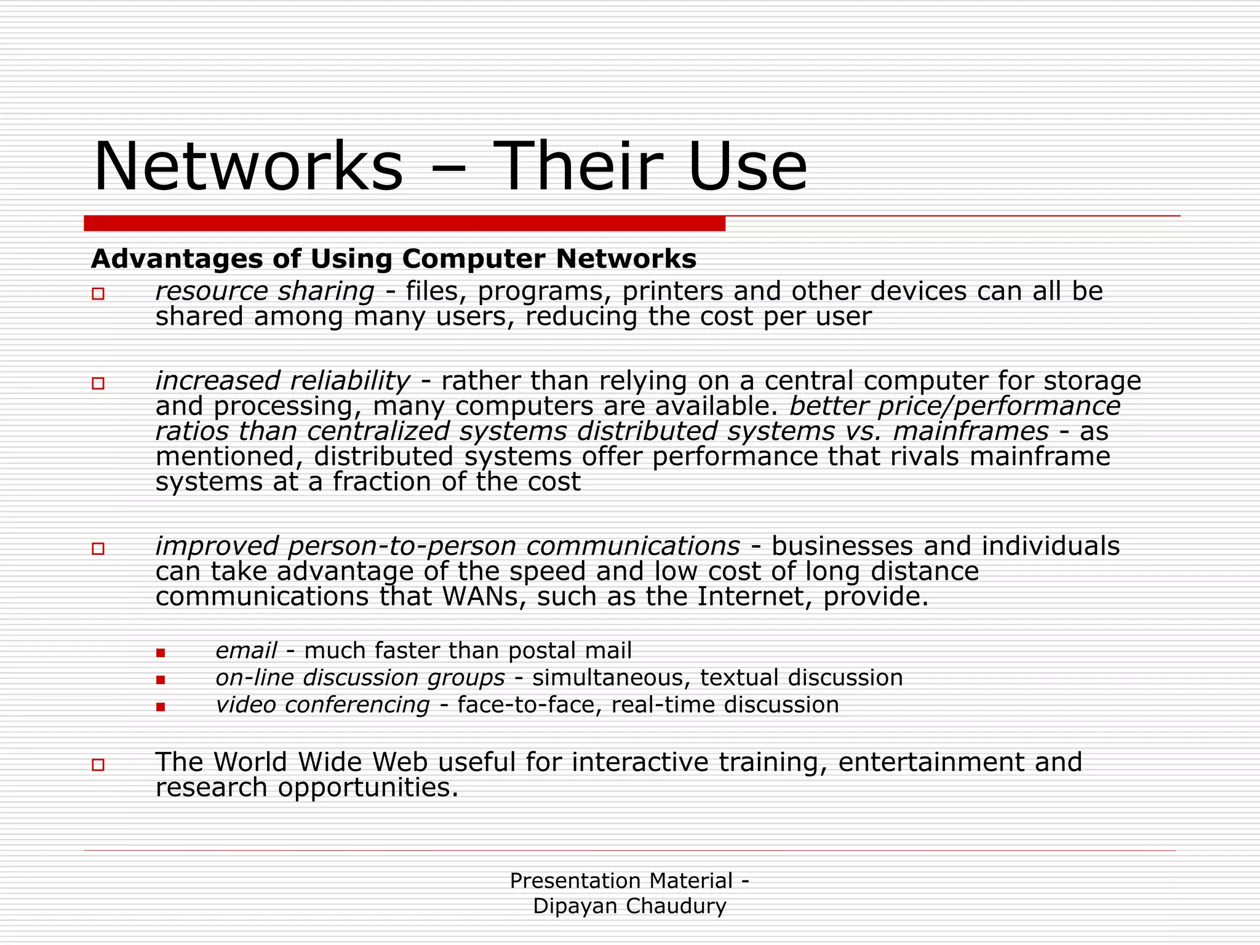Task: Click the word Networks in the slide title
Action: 248,167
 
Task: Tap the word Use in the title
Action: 748,167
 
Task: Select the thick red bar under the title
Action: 404,223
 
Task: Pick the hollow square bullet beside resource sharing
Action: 98,293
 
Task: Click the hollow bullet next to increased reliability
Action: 98,383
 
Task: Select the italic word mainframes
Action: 970,432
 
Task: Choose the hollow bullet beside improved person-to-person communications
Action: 98,548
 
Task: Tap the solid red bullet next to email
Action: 161,653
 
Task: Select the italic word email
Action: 246,651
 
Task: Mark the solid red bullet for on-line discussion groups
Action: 161,680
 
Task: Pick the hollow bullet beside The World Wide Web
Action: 98,765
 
